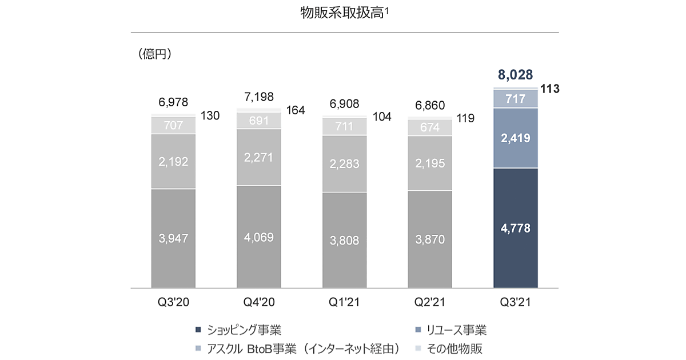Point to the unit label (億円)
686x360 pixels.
pyautogui.click(x=155, y=55)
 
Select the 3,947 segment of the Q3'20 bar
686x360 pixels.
pyautogui.click(x=173, y=238)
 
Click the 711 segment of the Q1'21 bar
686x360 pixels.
pyautogui.click(x=344, y=126)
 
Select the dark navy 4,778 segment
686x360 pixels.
pyautogui.click(x=515, y=229)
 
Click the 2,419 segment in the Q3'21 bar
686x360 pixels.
pyautogui.click(x=515, y=138)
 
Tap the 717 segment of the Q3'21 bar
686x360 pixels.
pyautogui.click(x=515, y=99)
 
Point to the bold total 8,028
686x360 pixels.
pyautogui.click(x=514, y=74)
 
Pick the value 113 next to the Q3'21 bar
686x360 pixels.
pyautogui.click(x=549, y=89)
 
